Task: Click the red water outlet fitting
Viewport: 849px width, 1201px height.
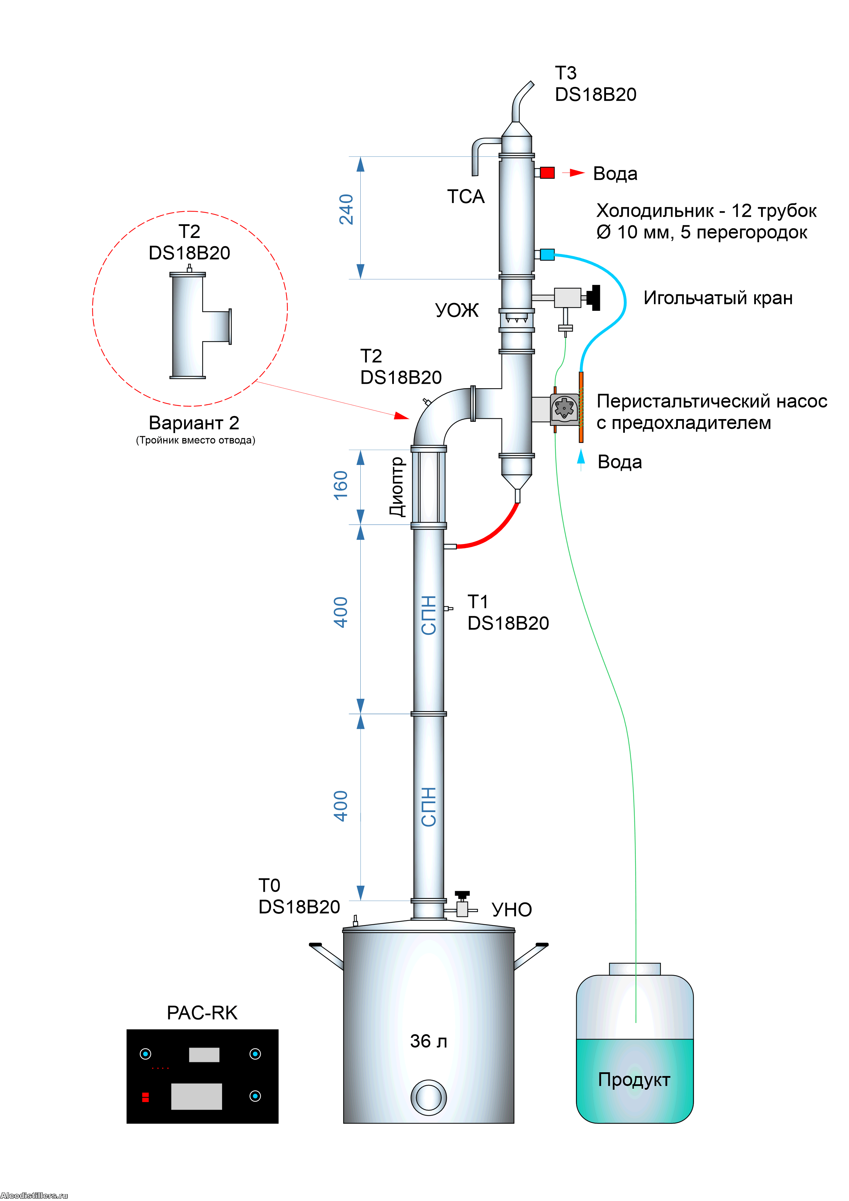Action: pyautogui.click(x=547, y=172)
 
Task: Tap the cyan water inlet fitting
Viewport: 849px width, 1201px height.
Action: pyautogui.click(x=547, y=255)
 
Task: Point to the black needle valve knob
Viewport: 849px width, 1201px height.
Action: pyautogui.click(x=594, y=297)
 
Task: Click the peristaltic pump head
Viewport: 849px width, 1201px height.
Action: pyautogui.click(x=565, y=408)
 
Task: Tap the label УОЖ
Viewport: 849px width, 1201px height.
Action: pyautogui.click(x=456, y=310)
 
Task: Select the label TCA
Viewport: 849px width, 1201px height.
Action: pyautogui.click(x=465, y=197)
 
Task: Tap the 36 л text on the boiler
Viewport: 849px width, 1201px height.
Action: pyautogui.click(x=428, y=1041)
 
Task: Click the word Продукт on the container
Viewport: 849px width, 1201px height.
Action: pyautogui.click(x=634, y=1079)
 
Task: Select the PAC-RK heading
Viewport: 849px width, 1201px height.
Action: pyautogui.click(x=202, y=1013)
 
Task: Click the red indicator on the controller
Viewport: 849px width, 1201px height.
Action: pyautogui.click(x=145, y=1097)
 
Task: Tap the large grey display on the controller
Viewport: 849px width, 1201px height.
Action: pyautogui.click(x=196, y=1096)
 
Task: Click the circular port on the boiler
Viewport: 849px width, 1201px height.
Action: pyautogui.click(x=428, y=1097)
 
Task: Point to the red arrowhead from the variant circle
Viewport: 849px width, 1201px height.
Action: pyautogui.click(x=401, y=416)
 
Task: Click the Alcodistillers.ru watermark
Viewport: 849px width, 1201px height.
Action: pyautogui.click(x=34, y=1195)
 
